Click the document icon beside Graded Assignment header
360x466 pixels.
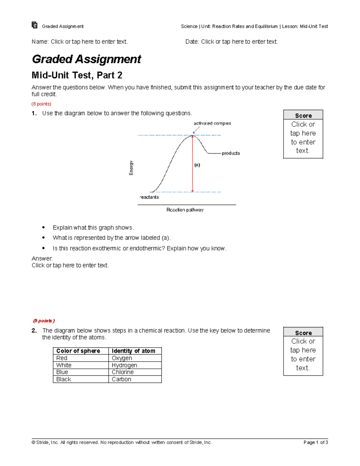point(34,25)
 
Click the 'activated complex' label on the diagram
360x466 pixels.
point(212,123)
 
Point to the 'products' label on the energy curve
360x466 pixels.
point(230,153)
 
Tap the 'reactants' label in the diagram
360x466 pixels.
point(149,197)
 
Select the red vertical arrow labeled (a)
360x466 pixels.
point(193,164)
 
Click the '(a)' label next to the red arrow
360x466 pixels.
point(197,165)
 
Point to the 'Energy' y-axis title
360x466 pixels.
point(131,168)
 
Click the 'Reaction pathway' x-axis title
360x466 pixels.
point(185,210)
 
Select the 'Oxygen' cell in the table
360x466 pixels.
point(122,358)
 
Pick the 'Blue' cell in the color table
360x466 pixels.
point(62,372)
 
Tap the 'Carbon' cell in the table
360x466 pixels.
point(121,379)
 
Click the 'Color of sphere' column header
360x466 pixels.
point(78,351)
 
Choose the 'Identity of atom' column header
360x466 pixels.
point(133,351)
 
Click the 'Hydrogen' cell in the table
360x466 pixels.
point(124,365)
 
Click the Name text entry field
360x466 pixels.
point(89,42)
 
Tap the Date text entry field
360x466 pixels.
point(239,42)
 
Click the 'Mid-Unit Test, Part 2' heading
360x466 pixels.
point(77,75)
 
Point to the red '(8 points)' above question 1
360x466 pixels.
point(41,104)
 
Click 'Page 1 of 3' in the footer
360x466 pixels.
point(316,442)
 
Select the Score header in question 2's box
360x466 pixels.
point(303,333)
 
